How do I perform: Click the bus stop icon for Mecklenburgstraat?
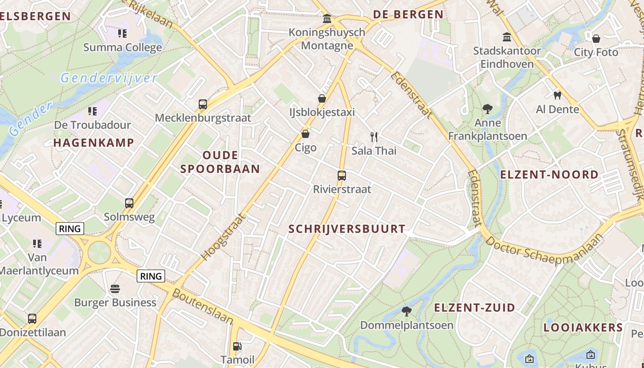click(203, 104)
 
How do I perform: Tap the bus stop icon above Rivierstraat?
click(341, 176)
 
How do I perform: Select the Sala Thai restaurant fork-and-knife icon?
click(374, 137)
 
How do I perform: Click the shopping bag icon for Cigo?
click(305, 134)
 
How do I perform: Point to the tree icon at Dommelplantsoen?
click(406, 311)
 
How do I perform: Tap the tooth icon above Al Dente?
click(557, 96)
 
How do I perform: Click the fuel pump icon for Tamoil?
click(237, 346)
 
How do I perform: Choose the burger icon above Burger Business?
click(115, 289)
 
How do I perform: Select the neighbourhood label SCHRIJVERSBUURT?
click(347, 229)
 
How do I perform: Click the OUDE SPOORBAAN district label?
click(220, 162)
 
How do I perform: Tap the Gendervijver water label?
click(109, 78)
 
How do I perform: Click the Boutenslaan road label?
click(202, 306)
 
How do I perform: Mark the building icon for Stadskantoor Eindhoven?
click(507, 37)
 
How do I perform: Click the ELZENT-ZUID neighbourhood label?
click(475, 308)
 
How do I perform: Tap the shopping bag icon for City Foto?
click(596, 39)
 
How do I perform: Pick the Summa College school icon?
click(122, 34)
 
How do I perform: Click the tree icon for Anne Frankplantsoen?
click(488, 109)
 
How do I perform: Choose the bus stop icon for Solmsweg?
click(129, 203)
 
